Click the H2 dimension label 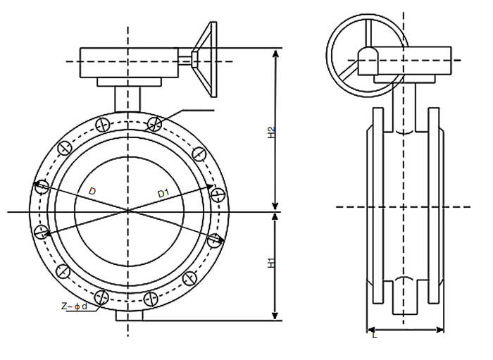coord(271,132)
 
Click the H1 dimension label coord(271,263)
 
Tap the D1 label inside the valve coord(163,193)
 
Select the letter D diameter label coord(92,191)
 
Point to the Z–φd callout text coord(74,306)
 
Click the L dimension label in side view coord(374,335)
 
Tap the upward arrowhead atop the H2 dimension coord(275,53)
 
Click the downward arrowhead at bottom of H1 coord(275,316)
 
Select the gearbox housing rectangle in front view coord(129,63)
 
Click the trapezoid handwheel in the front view coord(206,59)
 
